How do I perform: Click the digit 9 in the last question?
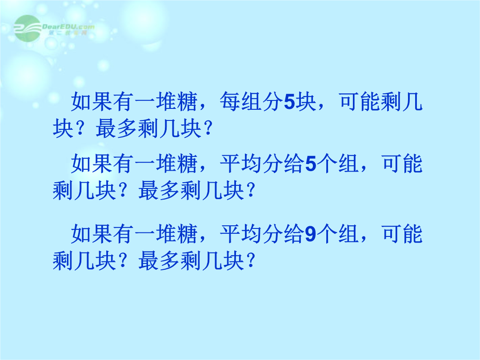[310, 234]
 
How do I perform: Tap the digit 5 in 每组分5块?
[289, 102]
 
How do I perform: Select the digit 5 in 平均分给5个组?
[311, 164]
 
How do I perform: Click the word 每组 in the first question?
[241, 101]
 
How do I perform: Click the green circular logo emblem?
[28, 28]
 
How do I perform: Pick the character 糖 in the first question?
[188, 101]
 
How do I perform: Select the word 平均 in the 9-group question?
[241, 234]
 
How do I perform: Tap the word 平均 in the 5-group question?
[241, 164]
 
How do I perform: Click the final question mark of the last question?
[250, 261]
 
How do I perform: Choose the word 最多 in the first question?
[116, 128]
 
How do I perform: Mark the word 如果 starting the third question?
[92, 234]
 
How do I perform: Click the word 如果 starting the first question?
[92, 101]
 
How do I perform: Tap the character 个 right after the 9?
[327, 234]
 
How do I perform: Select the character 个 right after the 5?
[327, 164]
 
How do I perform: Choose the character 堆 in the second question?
[166, 164]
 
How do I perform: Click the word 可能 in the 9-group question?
[402, 234]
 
